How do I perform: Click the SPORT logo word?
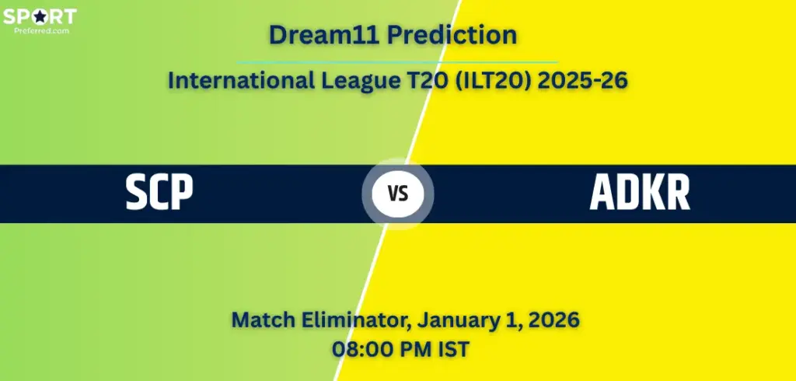point(39,16)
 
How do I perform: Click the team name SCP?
point(159,194)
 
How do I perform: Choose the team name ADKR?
point(639,194)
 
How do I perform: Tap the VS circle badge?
point(398,194)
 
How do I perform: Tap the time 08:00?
point(361,349)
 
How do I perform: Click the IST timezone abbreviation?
point(453,349)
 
